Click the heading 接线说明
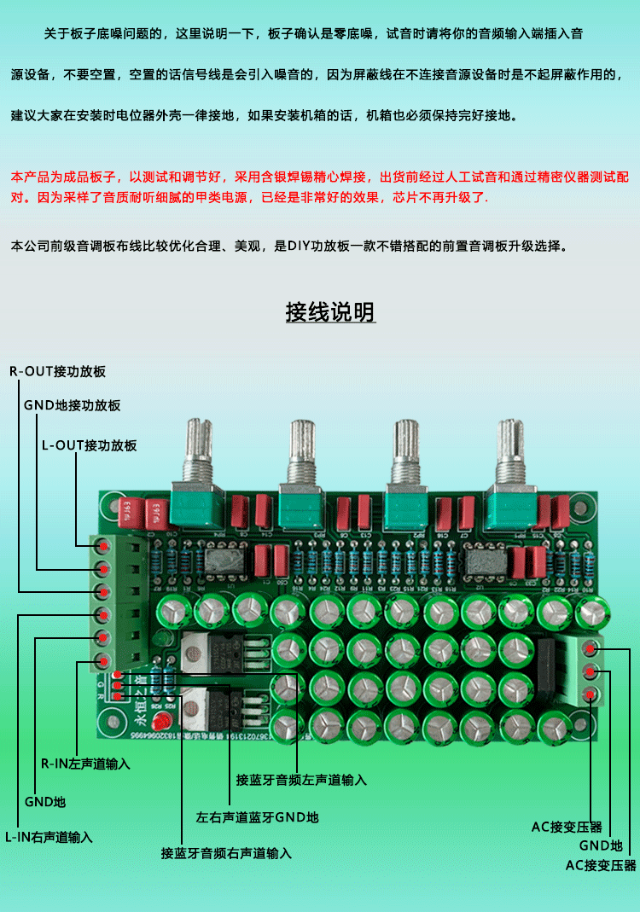(x=330, y=312)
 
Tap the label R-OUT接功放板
(x=57, y=371)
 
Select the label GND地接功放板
(x=72, y=405)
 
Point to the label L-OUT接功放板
(x=89, y=445)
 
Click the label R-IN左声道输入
(x=85, y=764)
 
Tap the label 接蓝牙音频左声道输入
(x=301, y=780)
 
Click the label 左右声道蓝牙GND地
(x=258, y=816)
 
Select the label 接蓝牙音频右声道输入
(x=227, y=852)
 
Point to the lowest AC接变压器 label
(x=601, y=865)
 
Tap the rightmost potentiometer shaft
(x=509, y=445)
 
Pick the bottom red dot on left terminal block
(x=103, y=660)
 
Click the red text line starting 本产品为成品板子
(x=320, y=177)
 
